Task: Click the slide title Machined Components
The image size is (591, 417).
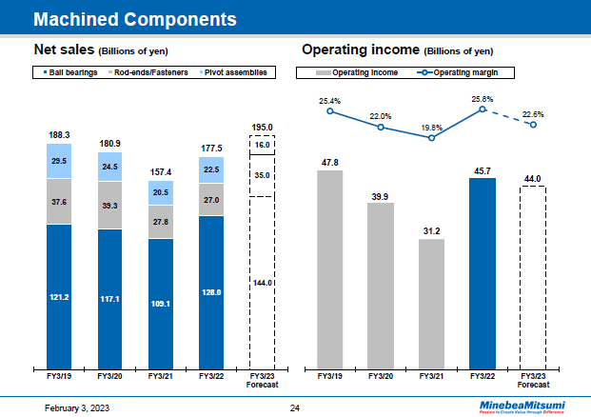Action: coord(134,18)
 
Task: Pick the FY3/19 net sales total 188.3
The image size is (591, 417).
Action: coord(60,135)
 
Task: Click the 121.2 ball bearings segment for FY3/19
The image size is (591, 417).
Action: coord(60,296)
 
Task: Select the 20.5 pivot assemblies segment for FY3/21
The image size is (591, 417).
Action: coord(161,191)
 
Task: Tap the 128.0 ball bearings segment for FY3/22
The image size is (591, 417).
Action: coord(211,291)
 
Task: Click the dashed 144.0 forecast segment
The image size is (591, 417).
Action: coord(262,282)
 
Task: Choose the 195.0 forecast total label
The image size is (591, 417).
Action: coord(262,127)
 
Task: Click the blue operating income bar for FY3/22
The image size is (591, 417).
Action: coord(483,272)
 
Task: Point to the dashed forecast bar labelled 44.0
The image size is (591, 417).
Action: coord(533,276)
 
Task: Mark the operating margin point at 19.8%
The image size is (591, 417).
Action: coord(432,137)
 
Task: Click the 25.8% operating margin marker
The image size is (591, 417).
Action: coord(483,109)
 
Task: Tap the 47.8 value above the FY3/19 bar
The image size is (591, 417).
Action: coord(329,162)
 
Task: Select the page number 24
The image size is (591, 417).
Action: coord(294,407)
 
